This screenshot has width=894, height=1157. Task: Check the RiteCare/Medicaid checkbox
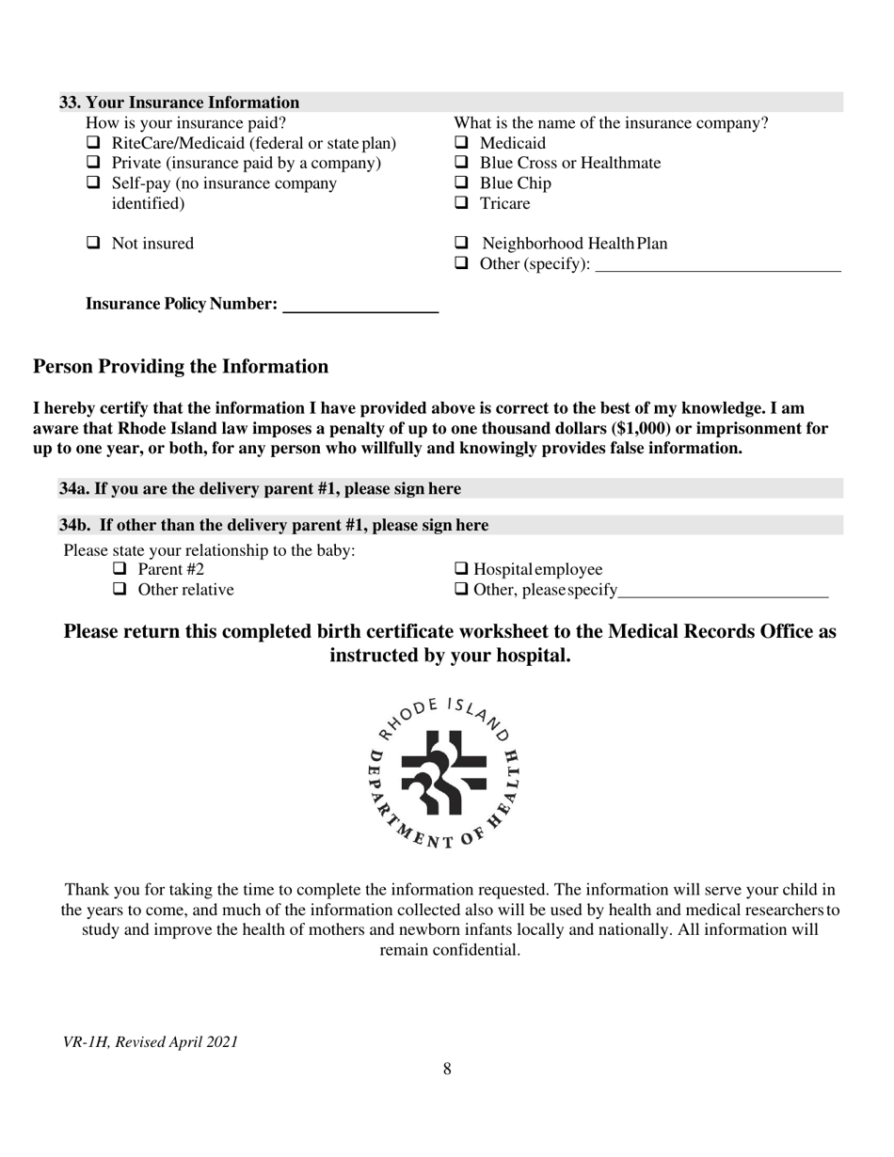click(93, 144)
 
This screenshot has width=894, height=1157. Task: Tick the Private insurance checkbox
click(93, 164)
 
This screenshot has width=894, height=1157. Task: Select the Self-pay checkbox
click(93, 183)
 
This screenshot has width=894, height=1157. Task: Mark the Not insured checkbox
click(93, 244)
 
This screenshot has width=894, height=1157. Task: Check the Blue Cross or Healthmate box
click(461, 164)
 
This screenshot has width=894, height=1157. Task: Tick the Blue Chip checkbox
click(461, 183)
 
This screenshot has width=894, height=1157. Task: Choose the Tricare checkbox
click(461, 203)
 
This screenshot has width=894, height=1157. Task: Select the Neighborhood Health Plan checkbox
click(461, 244)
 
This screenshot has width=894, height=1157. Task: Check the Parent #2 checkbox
click(120, 570)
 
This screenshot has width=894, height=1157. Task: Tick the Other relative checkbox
click(120, 590)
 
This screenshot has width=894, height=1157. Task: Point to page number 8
click(447, 1069)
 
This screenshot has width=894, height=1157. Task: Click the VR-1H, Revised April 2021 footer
click(150, 1042)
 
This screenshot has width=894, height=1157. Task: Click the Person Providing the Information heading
click(181, 367)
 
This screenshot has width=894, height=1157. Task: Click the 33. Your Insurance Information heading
click(180, 103)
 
